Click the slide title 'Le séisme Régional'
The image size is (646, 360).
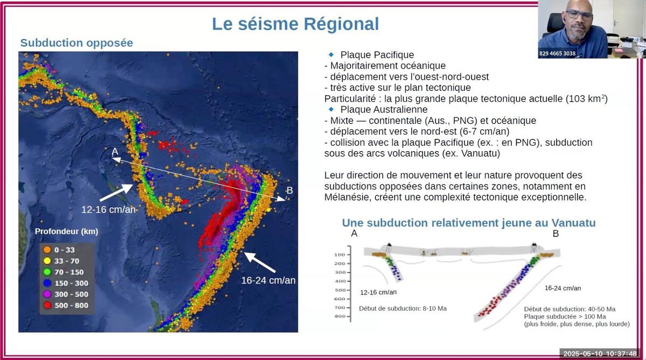click(x=296, y=24)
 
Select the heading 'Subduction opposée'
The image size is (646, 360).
click(x=76, y=43)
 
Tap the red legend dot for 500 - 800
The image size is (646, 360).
click(x=47, y=305)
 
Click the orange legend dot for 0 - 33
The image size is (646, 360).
click(x=47, y=250)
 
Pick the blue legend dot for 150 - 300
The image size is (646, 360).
click(x=47, y=283)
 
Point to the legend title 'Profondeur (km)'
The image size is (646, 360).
click(x=66, y=231)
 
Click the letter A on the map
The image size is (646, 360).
click(x=115, y=151)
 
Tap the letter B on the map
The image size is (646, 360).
click(x=290, y=190)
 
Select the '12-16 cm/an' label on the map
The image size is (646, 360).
click(x=108, y=209)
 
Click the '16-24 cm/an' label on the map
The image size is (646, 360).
click(x=268, y=280)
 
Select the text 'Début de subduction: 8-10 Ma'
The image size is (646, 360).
click(x=403, y=308)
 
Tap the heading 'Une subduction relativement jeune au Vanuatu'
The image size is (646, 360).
click(x=469, y=223)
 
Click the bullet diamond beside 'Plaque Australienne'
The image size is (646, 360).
click(x=331, y=109)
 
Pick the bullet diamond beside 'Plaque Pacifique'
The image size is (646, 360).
click(x=331, y=54)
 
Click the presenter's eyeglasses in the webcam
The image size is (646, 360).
click(x=579, y=15)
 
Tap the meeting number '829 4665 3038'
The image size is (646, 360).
click(x=557, y=54)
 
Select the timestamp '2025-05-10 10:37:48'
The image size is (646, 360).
click(x=600, y=354)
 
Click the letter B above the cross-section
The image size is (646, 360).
click(x=556, y=234)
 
